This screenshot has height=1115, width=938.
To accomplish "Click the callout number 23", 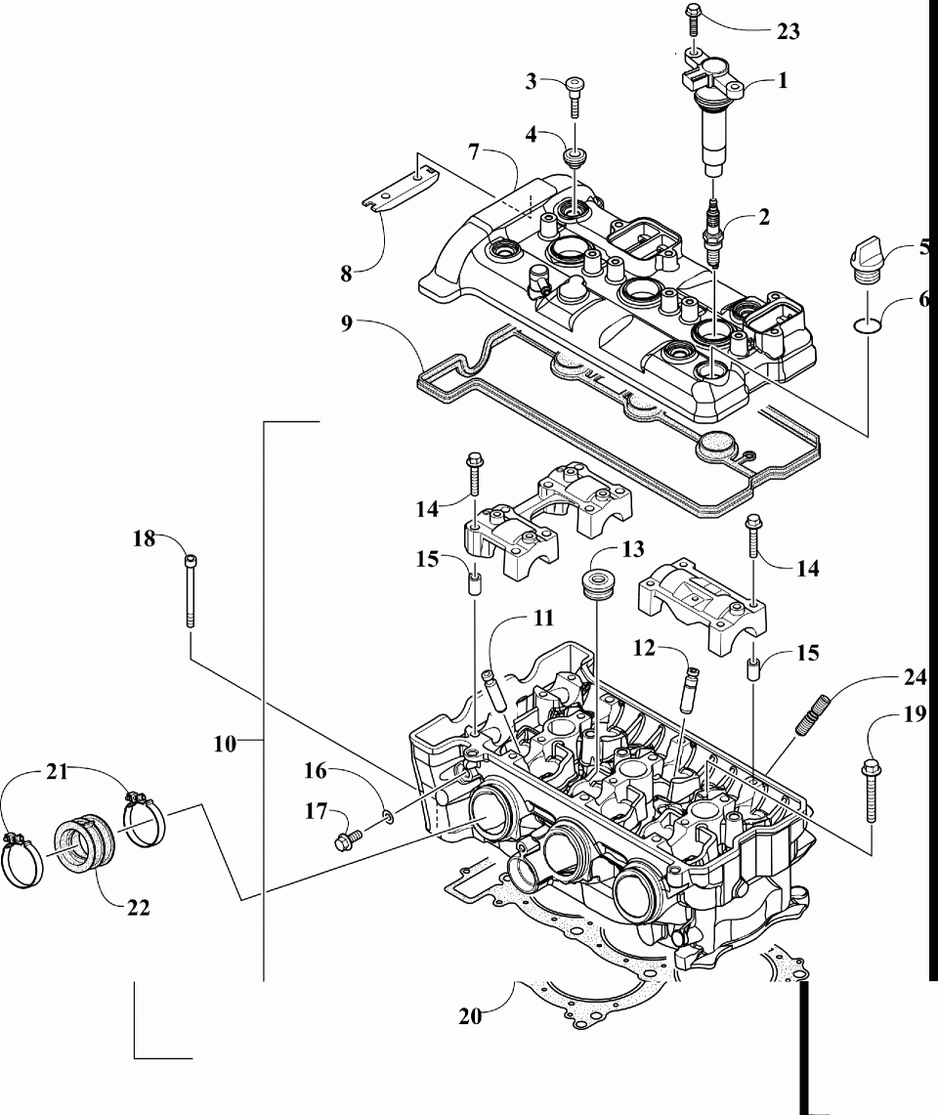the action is click(788, 31).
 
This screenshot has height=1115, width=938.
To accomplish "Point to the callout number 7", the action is click(474, 151).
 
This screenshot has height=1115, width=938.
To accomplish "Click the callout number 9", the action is click(346, 323).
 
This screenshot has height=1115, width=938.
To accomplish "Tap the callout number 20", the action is click(470, 1017).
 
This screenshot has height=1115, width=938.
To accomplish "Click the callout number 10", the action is click(224, 745).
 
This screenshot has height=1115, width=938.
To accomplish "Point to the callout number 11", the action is click(542, 620).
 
